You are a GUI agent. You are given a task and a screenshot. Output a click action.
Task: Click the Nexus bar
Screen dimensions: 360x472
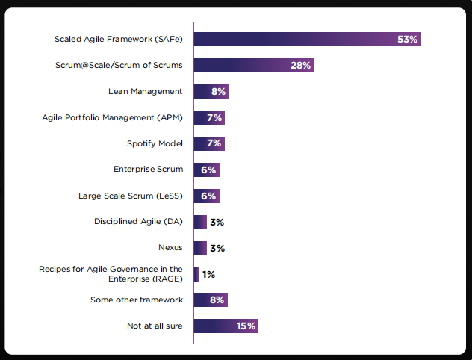(x=200, y=248)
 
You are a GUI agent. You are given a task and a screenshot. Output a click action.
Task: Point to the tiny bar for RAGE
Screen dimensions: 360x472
(x=196, y=274)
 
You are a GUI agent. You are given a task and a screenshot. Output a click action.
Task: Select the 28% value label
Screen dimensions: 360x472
(x=301, y=65)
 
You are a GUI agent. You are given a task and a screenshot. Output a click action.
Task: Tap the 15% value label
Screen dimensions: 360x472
(x=246, y=326)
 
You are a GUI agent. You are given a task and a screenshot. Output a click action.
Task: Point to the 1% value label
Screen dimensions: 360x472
(x=208, y=275)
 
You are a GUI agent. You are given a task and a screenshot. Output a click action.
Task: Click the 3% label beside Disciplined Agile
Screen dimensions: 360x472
(x=217, y=222)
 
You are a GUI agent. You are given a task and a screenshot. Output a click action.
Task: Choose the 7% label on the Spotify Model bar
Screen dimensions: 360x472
(x=214, y=143)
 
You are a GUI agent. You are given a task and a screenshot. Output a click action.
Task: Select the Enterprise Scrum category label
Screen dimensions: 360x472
(x=148, y=170)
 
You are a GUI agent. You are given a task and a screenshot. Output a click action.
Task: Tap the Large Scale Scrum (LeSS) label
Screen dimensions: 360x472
(x=131, y=196)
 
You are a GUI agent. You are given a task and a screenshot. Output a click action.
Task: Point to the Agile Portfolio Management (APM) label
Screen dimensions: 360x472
(x=112, y=117)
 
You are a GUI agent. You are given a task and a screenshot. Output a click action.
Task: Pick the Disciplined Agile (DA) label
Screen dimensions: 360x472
(x=138, y=222)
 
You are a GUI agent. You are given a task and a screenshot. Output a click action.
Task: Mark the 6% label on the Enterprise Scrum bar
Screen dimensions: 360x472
(x=208, y=170)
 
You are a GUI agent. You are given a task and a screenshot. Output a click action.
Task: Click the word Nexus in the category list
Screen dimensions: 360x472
(x=170, y=248)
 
